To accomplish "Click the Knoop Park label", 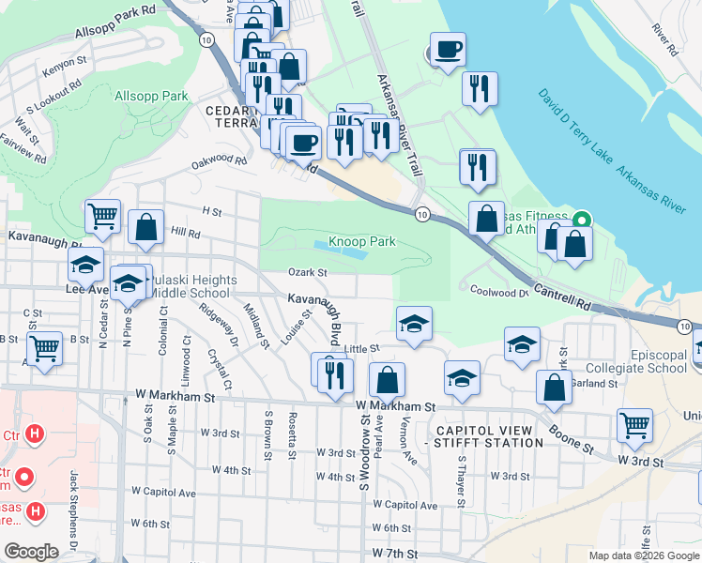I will [361, 241].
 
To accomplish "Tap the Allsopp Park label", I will [151, 97].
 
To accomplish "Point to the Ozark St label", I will [308, 273].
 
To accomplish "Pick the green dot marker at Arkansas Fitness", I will [582, 221].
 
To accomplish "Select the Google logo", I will [31, 551].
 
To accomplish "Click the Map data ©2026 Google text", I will [643, 555].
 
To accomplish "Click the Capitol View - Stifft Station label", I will [483, 435].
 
